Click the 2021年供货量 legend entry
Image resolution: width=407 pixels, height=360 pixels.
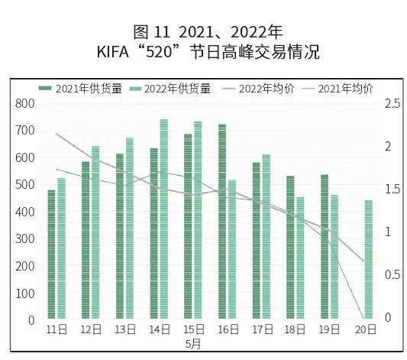[79, 89]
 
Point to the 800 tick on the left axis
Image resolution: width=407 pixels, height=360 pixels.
[26, 103]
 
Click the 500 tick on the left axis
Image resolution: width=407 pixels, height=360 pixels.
[26, 185]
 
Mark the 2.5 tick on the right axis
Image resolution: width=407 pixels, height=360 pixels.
[391, 103]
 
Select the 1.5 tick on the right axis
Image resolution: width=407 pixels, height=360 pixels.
[391, 190]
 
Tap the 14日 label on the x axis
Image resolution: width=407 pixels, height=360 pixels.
[159, 330]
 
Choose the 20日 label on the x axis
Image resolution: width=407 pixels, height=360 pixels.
[366, 330]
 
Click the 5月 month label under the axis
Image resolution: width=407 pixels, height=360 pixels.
[193, 344]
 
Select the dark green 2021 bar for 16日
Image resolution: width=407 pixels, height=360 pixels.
[222, 222]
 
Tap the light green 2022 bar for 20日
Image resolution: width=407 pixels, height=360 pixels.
[369, 259]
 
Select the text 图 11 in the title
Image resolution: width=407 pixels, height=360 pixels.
[150, 32]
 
